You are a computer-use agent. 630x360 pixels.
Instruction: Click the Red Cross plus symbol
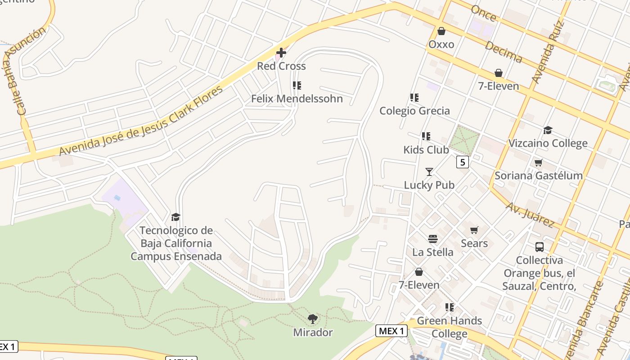[x=281, y=53]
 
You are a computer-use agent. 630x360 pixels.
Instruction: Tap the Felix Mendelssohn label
[x=297, y=99]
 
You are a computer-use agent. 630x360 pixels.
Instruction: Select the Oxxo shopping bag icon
[x=441, y=31]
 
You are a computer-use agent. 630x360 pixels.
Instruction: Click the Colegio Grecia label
[x=414, y=111]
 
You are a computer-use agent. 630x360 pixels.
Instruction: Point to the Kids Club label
[x=426, y=149]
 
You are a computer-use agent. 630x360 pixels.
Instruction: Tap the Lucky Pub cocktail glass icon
[x=429, y=172]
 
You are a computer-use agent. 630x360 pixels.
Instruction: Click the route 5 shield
[x=462, y=162]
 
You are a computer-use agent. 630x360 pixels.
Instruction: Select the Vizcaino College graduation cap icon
[x=548, y=130]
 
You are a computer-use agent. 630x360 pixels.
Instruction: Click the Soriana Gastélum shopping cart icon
[x=538, y=162]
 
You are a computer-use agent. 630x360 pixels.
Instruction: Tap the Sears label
[x=474, y=243]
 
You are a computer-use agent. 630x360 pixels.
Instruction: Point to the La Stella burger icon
[x=433, y=239]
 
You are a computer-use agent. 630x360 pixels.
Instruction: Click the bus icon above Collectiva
[x=540, y=247]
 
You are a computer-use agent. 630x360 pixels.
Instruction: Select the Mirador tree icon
[x=313, y=319]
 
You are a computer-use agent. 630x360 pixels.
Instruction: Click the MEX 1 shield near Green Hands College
[x=391, y=331]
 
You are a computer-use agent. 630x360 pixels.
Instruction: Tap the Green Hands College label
[x=449, y=327]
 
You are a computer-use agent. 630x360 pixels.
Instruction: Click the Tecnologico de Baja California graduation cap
[x=175, y=217]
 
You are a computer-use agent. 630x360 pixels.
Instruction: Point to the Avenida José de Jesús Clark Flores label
[x=141, y=121]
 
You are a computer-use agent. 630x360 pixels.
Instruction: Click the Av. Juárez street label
[x=530, y=214]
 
